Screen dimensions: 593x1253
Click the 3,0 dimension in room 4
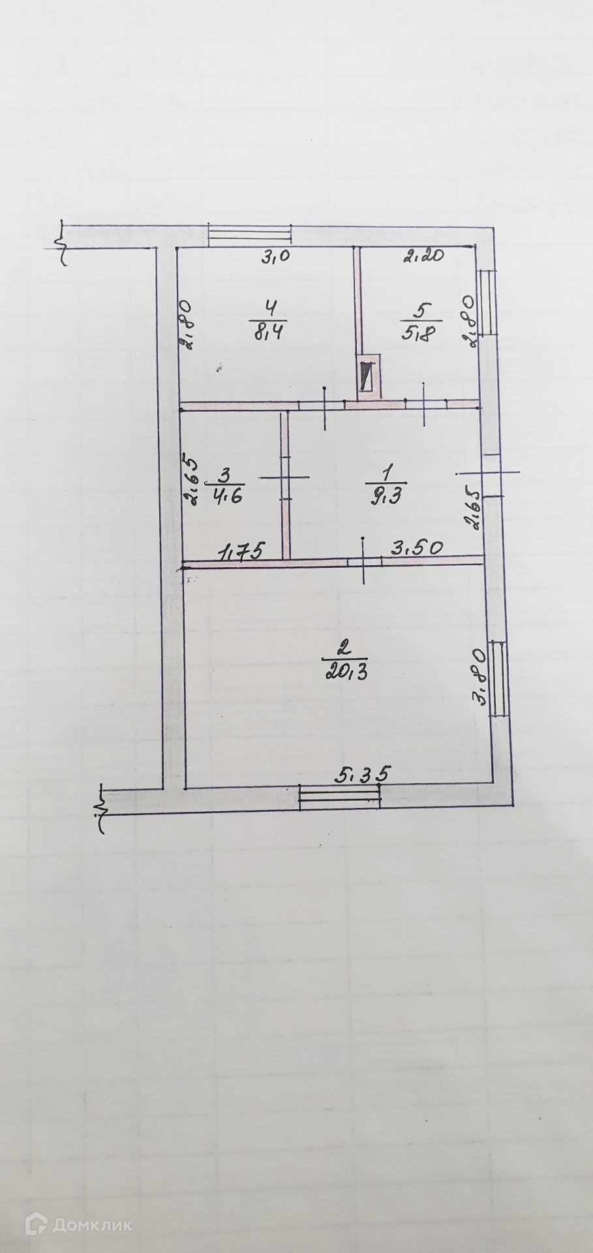click(x=275, y=257)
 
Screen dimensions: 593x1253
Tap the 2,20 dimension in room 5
click(x=423, y=256)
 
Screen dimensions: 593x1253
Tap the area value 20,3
click(x=344, y=672)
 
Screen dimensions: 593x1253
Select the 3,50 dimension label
click(x=417, y=548)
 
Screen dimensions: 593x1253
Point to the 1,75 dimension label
click(x=241, y=552)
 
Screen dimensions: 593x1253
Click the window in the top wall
click(x=249, y=235)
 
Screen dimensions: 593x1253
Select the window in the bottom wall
click(x=339, y=798)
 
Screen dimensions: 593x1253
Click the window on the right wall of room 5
click(x=487, y=303)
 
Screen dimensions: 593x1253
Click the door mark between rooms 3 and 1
click(x=285, y=478)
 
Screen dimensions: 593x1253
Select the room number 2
click(x=344, y=649)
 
